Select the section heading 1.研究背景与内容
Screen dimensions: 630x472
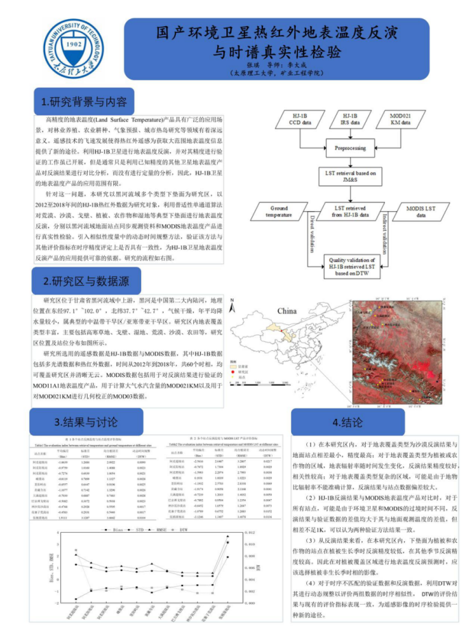(x=84, y=102)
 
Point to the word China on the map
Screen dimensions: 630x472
(x=286, y=311)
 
